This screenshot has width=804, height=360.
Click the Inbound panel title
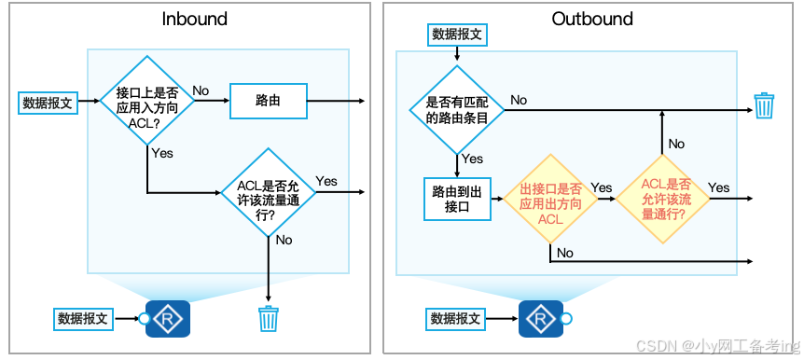pos(194,19)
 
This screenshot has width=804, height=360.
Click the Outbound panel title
pos(592,19)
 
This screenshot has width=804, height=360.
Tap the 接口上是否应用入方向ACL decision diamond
pos(147,101)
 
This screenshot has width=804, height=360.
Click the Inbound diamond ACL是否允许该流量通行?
pos(268,192)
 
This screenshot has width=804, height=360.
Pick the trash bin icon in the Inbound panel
pos(268,319)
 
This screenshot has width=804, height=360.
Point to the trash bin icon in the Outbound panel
pos(764,104)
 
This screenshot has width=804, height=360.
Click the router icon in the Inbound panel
pos(169,318)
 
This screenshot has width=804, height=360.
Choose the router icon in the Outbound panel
pos(541,318)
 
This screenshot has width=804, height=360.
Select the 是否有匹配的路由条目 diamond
pos(457,109)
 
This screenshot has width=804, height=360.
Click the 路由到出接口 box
pos(457,199)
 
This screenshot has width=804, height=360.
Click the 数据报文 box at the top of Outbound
pos(457,35)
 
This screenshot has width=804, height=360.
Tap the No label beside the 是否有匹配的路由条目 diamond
pos(519,99)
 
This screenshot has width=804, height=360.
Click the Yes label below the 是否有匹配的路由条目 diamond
pos(473,159)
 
